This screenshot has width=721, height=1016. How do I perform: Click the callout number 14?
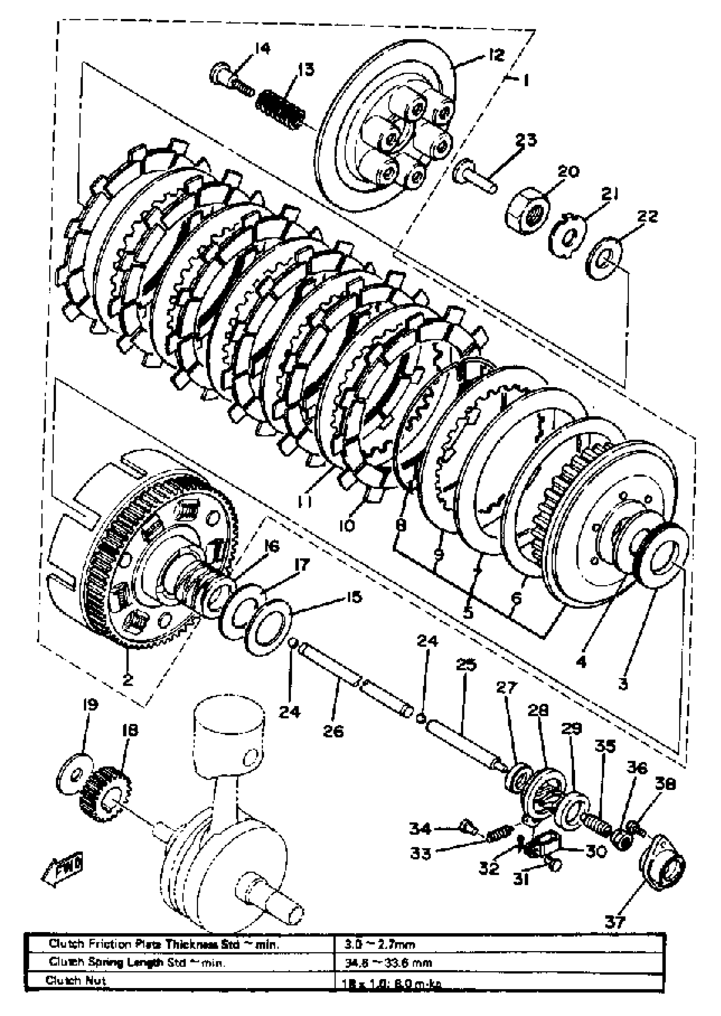pyautogui.click(x=262, y=48)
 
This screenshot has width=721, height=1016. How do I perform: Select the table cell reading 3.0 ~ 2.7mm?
pyautogui.click(x=380, y=944)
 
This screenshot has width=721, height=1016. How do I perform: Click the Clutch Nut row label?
pyautogui.click(x=76, y=980)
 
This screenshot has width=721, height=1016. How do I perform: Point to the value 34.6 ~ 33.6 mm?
pyautogui.click(x=388, y=963)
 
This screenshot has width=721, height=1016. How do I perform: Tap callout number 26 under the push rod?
pyautogui.click(x=333, y=731)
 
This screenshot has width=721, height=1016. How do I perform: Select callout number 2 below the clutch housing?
pyautogui.click(x=127, y=680)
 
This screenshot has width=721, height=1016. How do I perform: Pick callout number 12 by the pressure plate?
pyautogui.click(x=496, y=55)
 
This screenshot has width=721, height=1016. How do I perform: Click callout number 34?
pyautogui.click(x=420, y=828)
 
